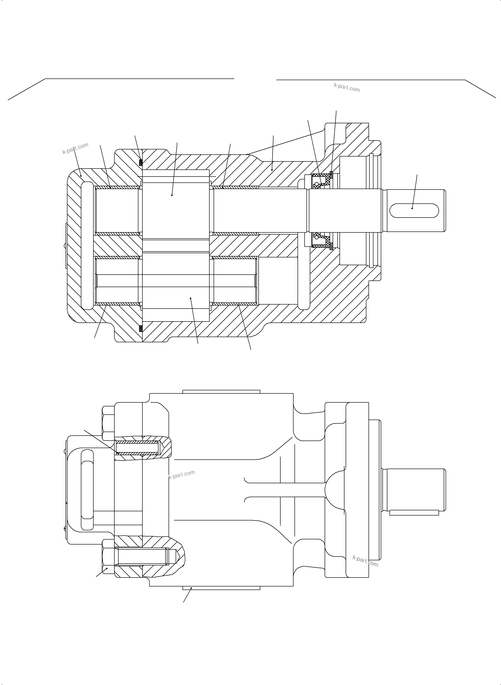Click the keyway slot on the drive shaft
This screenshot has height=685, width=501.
[x=414, y=210]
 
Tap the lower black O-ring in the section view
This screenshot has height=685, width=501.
[x=141, y=328]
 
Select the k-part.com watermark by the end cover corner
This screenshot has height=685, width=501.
[x=75, y=148]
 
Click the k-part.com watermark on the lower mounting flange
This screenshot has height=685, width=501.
[x=365, y=561]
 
